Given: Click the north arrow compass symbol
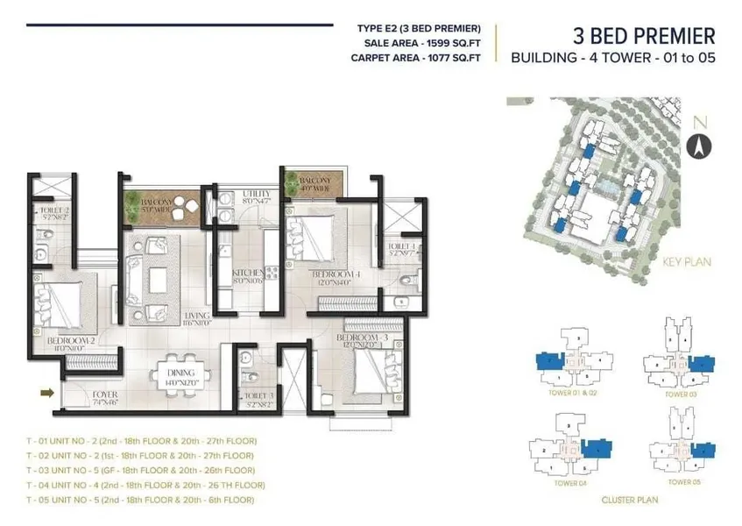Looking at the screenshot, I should pos(699,145).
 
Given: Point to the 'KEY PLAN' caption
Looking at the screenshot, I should pos(688,262).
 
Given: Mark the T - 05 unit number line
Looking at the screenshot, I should pos(140,500).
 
